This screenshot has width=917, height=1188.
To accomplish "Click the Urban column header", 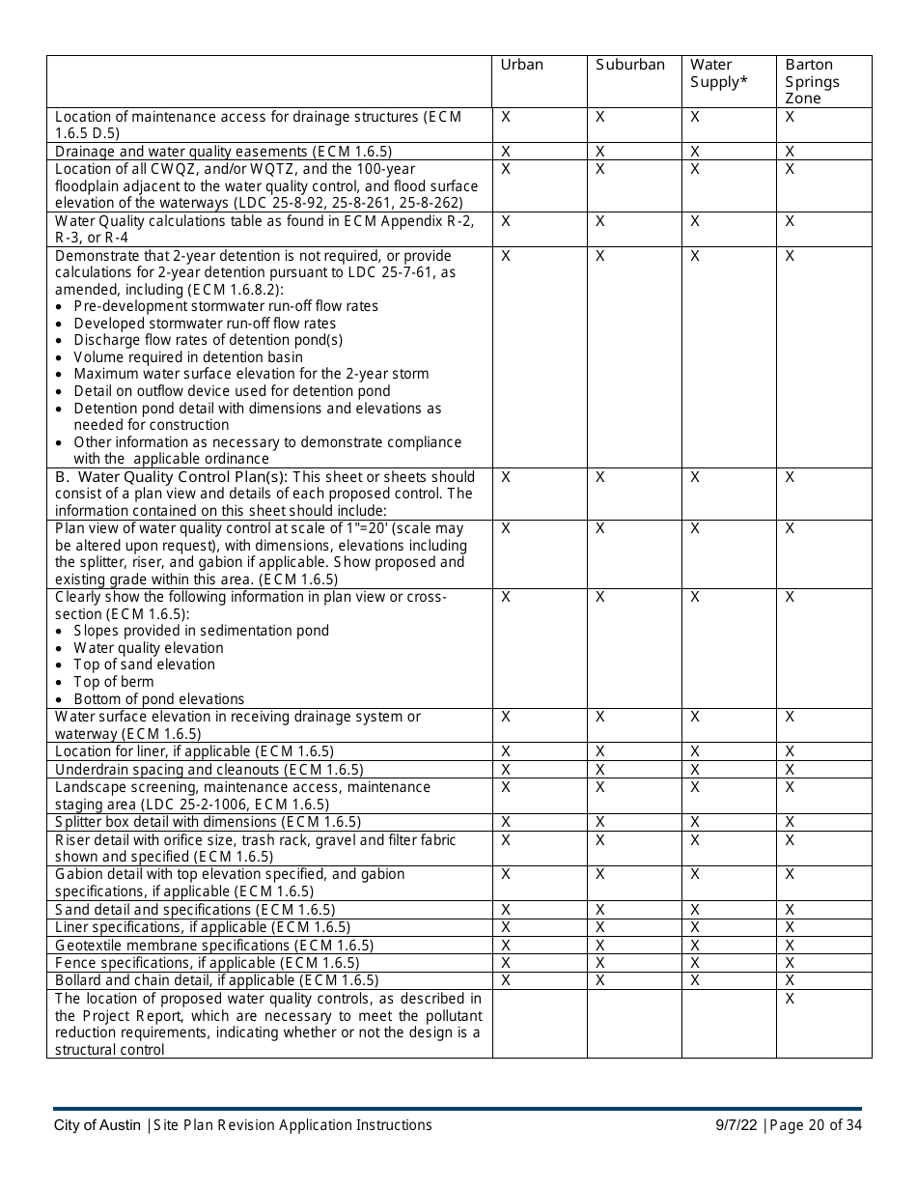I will click(x=521, y=65).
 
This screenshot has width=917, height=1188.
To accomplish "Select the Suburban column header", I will click(x=629, y=65).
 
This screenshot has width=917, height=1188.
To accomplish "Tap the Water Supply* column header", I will click(x=718, y=73).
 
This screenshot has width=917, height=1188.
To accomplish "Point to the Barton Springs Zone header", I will click(x=812, y=81).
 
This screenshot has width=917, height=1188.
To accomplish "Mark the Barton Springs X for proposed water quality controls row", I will click(x=790, y=999).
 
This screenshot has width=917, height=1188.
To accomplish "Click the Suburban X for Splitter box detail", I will click(x=599, y=822).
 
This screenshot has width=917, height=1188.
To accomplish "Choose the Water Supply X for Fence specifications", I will click(x=695, y=963).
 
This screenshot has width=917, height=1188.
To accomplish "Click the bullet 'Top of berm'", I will click(x=113, y=682).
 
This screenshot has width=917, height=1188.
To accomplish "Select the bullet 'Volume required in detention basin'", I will click(x=187, y=357).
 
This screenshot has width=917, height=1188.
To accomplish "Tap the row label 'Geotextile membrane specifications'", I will click(x=213, y=946).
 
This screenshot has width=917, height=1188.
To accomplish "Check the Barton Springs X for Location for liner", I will click(x=790, y=751).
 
